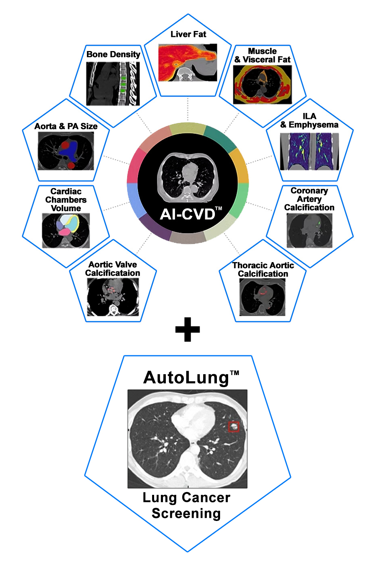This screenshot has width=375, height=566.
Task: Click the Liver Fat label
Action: pyautogui.click(x=188, y=35)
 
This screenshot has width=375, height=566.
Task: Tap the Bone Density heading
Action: pyautogui.click(x=113, y=54)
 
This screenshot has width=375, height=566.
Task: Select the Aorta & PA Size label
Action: pyautogui.click(x=66, y=126)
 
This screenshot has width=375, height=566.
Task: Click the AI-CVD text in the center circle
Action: pyautogui.click(x=188, y=214)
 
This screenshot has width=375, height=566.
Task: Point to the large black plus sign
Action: pyautogui.click(x=187, y=330)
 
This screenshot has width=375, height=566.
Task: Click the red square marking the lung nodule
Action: pyautogui.click(x=234, y=427)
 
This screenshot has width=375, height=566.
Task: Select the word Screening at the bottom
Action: pyautogui.click(x=186, y=513)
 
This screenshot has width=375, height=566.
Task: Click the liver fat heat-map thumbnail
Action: pyautogui.click(x=187, y=63)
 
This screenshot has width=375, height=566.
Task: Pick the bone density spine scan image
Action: pyautogui.click(x=113, y=84)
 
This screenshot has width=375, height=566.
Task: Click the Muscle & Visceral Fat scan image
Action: pyautogui.click(x=262, y=85)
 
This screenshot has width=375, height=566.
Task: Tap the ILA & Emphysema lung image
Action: pyautogui.click(x=309, y=151)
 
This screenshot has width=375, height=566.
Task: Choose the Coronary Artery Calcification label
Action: pyautogui.click(x=309, y=199)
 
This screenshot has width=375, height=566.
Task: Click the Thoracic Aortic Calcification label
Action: pyautogui.click(x=263, y=269)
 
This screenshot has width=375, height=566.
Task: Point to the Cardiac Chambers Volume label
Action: pyautogui.click(x=66, y=200)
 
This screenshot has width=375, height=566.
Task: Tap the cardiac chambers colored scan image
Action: pyautogui.click(x=66, y=230)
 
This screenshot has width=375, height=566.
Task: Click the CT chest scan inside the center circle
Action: pyautogui.click(x=187, y=177)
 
